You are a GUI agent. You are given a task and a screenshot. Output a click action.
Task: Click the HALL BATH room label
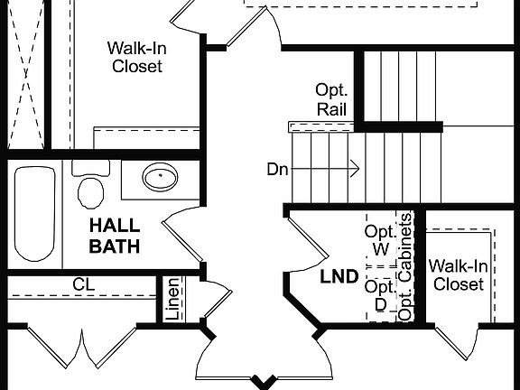pyautogui.click(x=115, y=235)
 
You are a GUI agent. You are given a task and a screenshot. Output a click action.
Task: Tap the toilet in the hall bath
pyautogui.click(x=90, y=189)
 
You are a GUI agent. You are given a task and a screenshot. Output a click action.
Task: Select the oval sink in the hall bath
pyautogui.click(x=161, y=177)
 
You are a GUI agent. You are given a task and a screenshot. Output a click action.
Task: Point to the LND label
pyautogui.click(x=339, y=276)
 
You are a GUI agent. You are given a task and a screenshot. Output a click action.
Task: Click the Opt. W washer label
pyautogui.click(x=381, y=240)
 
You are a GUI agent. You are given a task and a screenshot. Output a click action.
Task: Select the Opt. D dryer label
pyautogui.click(x=380, y=295)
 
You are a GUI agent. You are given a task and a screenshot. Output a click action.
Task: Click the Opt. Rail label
pyautogui.click(x=330, y=99)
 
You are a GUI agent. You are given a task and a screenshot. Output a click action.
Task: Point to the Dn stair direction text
pyautogui.click(x=277, y=169)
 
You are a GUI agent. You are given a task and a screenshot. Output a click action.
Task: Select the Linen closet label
pyautogui.click(x=172, y=298)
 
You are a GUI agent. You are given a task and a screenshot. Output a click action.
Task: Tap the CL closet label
pyautogui.click(x=84, y=284)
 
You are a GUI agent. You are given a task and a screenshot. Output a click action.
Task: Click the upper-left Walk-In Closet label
pyautogui.click(x=135, y=57)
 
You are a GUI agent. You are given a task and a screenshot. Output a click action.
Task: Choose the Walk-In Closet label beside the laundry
pyautogui.click(x=459, y=274)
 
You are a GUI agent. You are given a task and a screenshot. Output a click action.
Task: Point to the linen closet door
pyautogui.click(x=215, y=302)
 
